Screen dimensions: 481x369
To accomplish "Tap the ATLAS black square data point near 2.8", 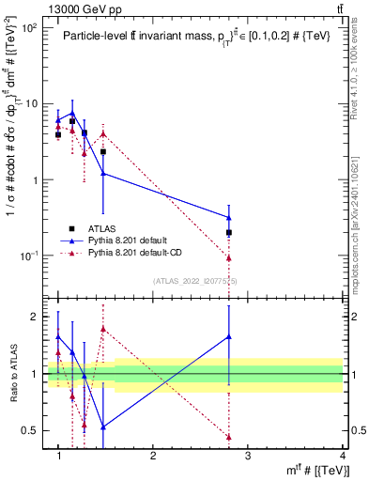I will (x=229, y=232).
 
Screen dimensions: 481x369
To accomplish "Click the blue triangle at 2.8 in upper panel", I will (x=229, y=218).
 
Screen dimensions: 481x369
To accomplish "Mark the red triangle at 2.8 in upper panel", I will (x=229, y=257).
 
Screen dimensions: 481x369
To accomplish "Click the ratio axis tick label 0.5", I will (x=36, y=430).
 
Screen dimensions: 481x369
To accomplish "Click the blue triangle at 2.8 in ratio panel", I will (x=229, y=335).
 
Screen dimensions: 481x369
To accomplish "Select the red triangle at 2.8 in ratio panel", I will (x=229, y=437).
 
